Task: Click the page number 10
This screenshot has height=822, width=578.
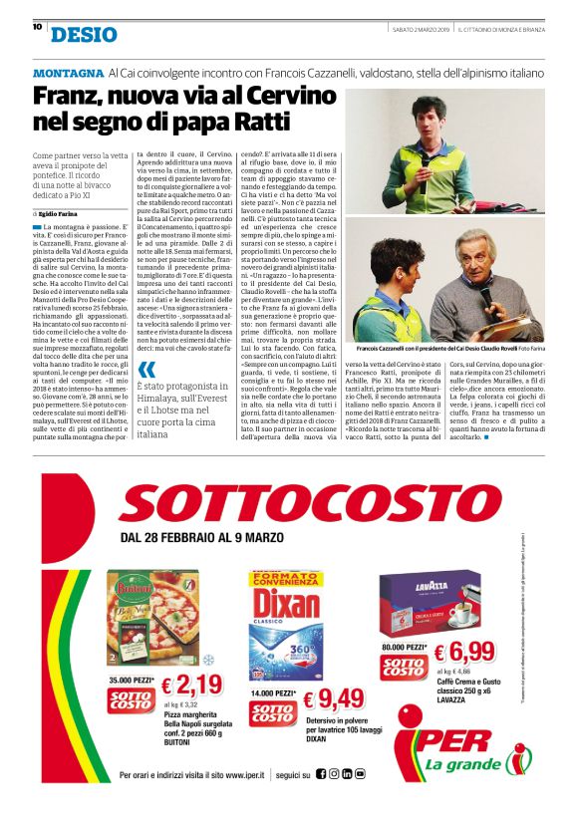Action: click(37, 27)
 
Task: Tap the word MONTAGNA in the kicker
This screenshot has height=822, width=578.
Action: click(68, 74)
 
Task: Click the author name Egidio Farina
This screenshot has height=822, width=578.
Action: click(58, 214)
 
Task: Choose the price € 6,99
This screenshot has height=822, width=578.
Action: click(465, 654)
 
